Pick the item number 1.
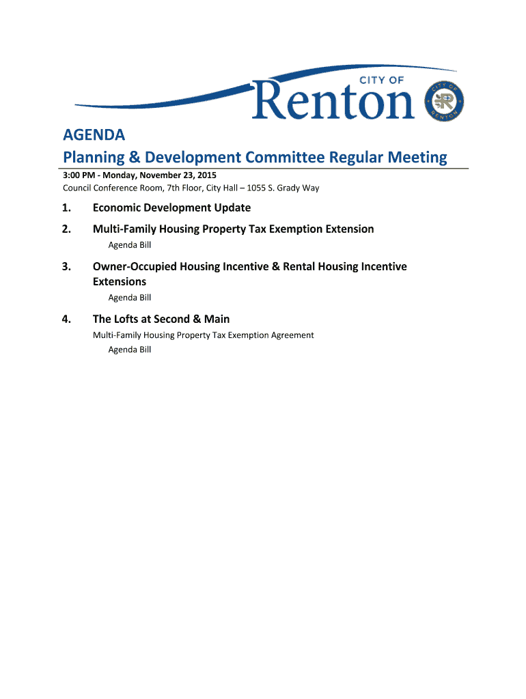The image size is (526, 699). [66, 208]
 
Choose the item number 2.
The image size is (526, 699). [66, 229]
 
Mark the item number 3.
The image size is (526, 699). [66, 267]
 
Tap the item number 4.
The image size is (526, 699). [66, 319]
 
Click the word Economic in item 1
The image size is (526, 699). [118, 208]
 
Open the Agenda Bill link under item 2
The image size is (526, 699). [130, 245]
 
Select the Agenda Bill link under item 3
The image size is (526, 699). [130, 298]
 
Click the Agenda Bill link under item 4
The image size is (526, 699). [130, 350]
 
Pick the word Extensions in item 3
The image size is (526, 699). [120, 282]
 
